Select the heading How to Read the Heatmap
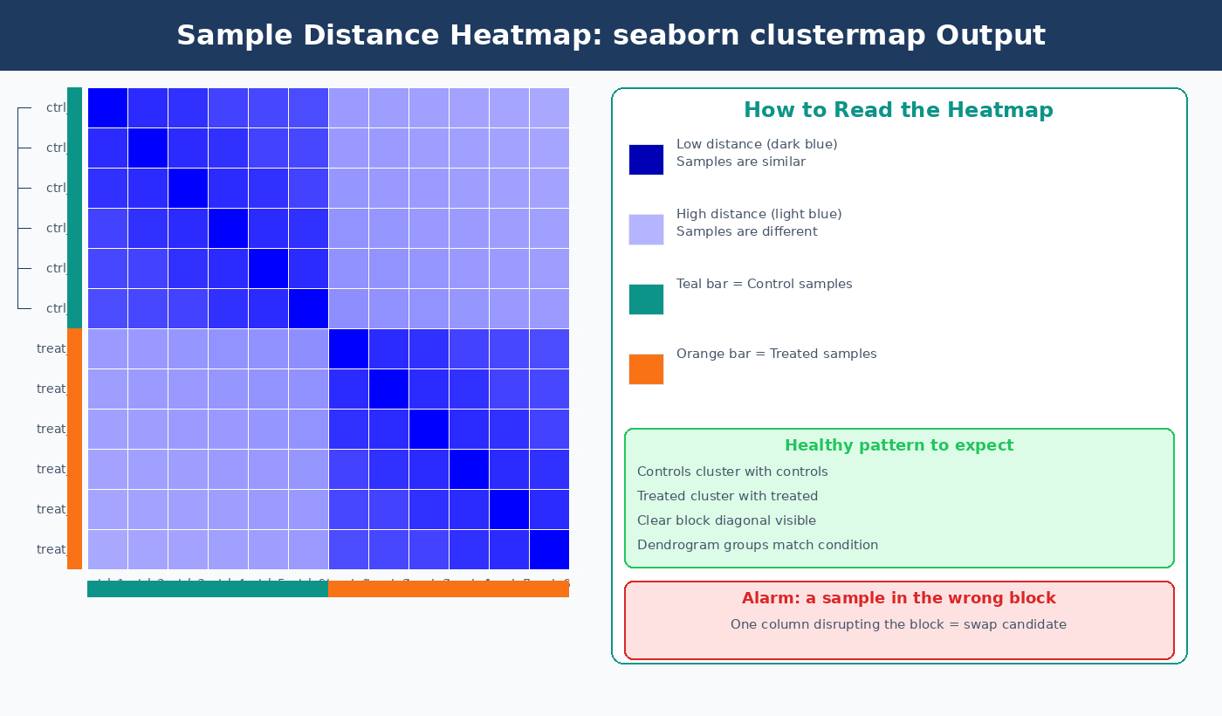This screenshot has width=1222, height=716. pos(898,110)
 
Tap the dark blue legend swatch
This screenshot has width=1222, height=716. pos(646,160)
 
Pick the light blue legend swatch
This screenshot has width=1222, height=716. pos(646,230)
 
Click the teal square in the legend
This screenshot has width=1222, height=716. pos(646,299)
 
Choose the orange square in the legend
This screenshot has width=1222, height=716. pos(646,369)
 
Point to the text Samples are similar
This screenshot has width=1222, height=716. pos(740,162)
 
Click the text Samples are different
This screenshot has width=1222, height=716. pos(746,232)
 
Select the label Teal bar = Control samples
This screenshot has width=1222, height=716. pos(764,285)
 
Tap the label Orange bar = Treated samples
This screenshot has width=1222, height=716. pos(776,355)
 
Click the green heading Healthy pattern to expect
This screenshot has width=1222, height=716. pos(899,445)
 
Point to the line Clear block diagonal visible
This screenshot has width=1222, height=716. pos(726,521)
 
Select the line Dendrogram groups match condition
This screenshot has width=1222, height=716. pos(757,546)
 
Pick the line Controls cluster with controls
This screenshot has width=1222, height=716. pos(732,472)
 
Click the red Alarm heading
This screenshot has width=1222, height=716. pos(898,599)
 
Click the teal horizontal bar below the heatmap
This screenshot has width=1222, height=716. pos(208,589)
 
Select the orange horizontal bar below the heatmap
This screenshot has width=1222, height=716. pos(449,589)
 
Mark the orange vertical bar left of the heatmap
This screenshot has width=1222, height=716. pos(74,449)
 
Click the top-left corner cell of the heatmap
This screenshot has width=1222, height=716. pos(107,107)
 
